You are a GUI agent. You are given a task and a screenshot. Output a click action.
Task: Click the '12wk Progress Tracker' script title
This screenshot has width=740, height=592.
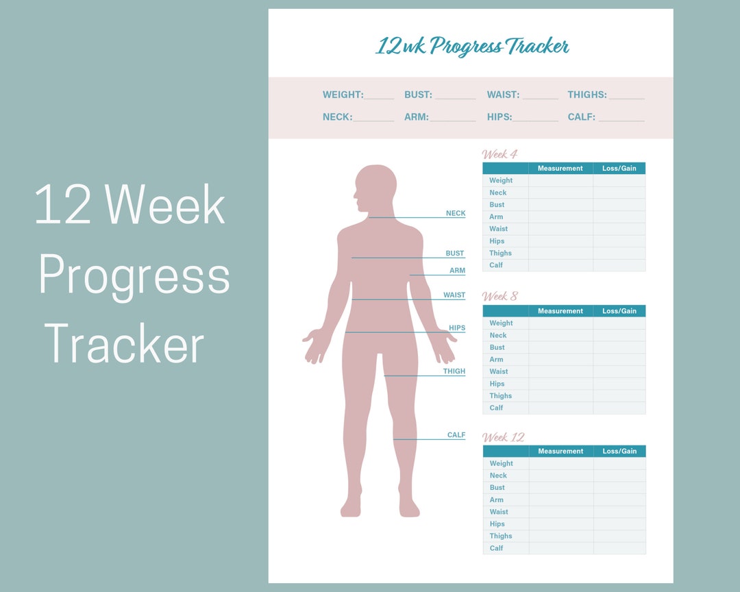(x=472, y=47)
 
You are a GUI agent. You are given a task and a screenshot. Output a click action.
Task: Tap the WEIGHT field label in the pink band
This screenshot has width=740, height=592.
(x=343, y=95)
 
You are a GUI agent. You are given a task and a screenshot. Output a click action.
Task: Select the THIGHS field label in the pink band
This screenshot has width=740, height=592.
(x=587, y=95)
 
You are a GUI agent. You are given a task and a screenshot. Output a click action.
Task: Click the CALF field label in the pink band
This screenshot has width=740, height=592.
(x=581, y=117)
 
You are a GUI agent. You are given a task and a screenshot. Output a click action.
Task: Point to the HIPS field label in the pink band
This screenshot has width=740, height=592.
(x=500, y=117)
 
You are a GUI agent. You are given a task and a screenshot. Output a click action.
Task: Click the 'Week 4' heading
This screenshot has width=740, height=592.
(x=500, y=154)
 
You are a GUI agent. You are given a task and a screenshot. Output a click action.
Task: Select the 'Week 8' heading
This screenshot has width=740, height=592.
(x=500, y=296)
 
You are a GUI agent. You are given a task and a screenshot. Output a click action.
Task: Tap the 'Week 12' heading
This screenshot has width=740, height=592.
(x=503, y=437)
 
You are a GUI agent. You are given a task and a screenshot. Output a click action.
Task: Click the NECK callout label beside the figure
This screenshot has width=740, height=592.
(x=456, y=214)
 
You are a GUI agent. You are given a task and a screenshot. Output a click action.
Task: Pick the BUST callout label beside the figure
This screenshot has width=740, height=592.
(x=455, y=254)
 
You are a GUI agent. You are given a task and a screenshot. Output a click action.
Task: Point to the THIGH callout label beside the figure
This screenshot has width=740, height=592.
(x=454, y=371)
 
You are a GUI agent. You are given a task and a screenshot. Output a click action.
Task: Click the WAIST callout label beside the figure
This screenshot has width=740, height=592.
(x=454, y=295)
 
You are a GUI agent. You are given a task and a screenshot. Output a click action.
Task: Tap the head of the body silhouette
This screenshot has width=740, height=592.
(x=375, y=187)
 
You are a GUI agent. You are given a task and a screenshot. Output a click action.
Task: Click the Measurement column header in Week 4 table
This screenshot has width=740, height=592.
(x=560, y=169)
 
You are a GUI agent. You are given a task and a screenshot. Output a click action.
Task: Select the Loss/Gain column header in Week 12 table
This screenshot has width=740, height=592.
(x=619, y=452)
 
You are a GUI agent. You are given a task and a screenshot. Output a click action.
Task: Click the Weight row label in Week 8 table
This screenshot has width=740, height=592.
(x=501, y=323)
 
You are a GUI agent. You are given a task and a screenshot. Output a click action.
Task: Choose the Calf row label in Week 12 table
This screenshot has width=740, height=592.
(x=497, y=548)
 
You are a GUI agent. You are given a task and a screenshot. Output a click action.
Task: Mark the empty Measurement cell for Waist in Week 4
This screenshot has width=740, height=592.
(x=560, y=229)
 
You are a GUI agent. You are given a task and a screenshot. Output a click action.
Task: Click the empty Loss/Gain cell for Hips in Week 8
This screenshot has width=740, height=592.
(x=619, y=384)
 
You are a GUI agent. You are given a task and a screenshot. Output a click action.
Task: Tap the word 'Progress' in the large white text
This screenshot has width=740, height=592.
(x=134, y=275)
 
